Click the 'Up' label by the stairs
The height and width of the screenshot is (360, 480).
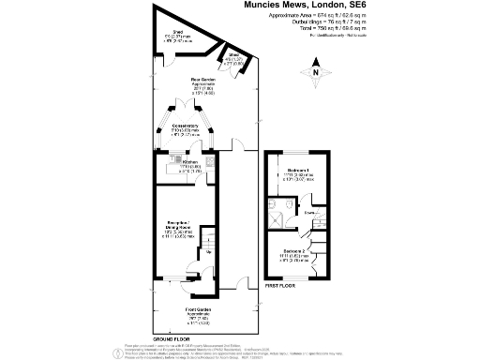(209, 251)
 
